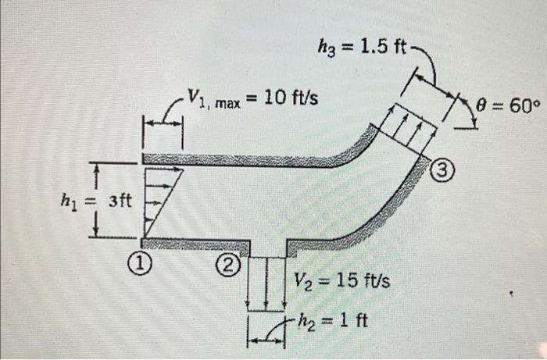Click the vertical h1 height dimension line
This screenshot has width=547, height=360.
tap(95, 200)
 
